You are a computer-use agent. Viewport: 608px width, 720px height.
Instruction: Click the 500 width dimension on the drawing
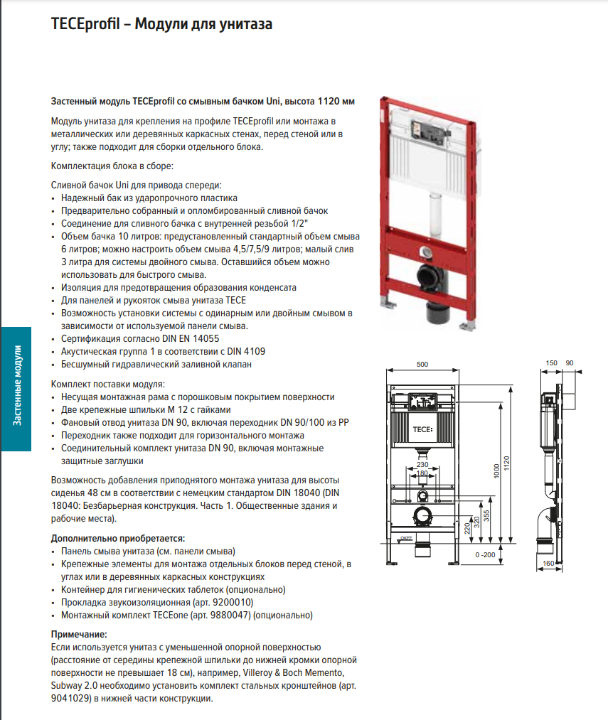point(422,364)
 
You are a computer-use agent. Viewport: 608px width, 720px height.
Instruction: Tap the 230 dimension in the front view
point(422,465)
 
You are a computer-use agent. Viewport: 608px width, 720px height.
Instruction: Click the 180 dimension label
point(422,473)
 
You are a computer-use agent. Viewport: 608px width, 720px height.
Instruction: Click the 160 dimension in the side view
point(548,564)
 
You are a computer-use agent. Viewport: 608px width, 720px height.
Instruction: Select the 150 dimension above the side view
point(552,364)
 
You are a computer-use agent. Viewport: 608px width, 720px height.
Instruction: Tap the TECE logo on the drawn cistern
point(422,429)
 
